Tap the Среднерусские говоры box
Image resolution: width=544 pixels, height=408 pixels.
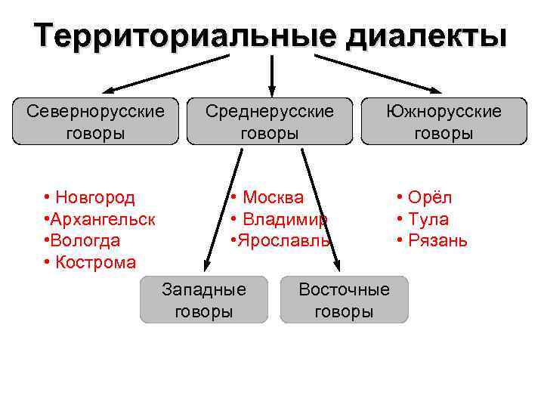pos(270,122)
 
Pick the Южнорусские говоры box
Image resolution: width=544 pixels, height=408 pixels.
pos(444,122)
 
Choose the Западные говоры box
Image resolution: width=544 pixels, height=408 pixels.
pos(204,300)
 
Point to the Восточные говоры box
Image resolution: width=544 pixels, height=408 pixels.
pos(344,300)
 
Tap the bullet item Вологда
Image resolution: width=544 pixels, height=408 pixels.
pos(85,241)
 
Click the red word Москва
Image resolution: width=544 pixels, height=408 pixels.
pos(273,198)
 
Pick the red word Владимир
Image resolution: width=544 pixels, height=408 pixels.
pos(285,220)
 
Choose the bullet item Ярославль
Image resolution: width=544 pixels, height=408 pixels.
pos(284,241)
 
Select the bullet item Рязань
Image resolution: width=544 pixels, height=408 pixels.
pos(437,241)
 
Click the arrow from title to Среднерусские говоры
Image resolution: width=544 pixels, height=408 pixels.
pos(271,74)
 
